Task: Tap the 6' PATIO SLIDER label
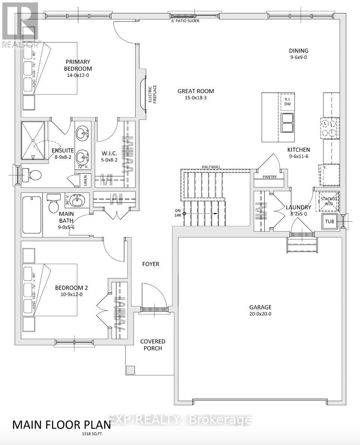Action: (x=183, y=21)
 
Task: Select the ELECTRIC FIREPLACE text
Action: (x=151, y=94)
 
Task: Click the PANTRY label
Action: (x=269, y=177)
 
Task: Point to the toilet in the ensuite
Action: (x=32, y=174)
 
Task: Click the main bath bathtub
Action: (x=32, y=215)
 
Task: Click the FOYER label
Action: (x=151, y=264)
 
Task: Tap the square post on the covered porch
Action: (x=130, y=370)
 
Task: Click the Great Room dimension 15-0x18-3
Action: (x=196, y=98)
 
